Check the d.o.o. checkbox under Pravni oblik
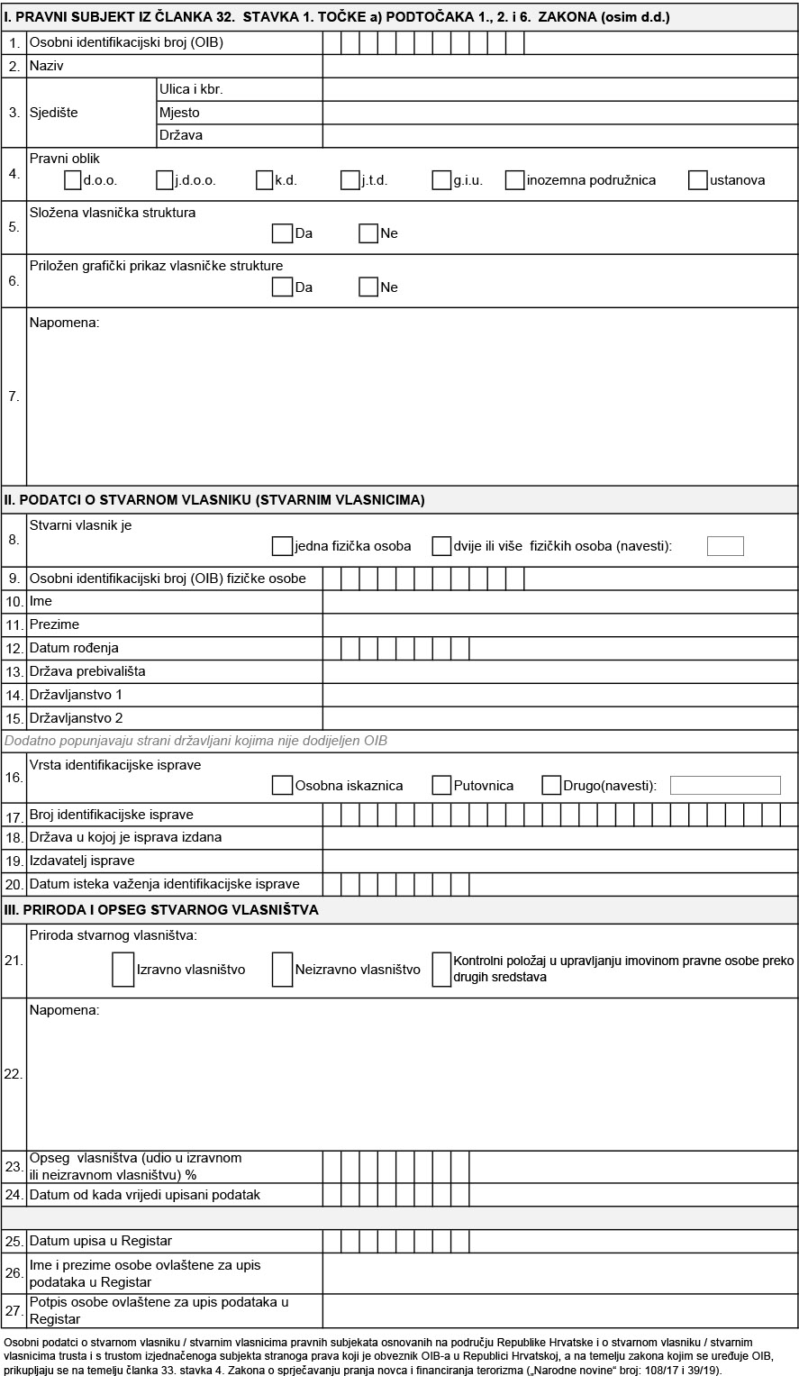click(x=73, y=180)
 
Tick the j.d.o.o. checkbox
click(x=164, y=180)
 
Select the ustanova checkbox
click(x=697, y=180)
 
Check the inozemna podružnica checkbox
click(x=514, y=180)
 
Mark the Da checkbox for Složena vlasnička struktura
click(x=282, y=233)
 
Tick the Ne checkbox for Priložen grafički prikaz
click(x=368, y=287)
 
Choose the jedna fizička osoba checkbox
click(x=282, y=546)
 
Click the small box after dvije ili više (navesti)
click(x=725, y=546)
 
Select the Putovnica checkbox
click(x=440, y=785)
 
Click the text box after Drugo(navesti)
click(x=725, y=785)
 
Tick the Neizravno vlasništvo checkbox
click(x=282, y=970)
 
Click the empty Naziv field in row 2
click(x=559, y=66)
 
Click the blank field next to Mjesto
click(x=559, y=113)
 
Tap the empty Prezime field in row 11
click(x=559, y=624)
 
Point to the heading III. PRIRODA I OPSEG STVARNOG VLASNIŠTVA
click(x=162, y=910)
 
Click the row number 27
click(x=14, y=1311)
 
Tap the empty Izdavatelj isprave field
click(x=559, y=861)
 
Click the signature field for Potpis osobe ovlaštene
click(x=559, y=1311)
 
